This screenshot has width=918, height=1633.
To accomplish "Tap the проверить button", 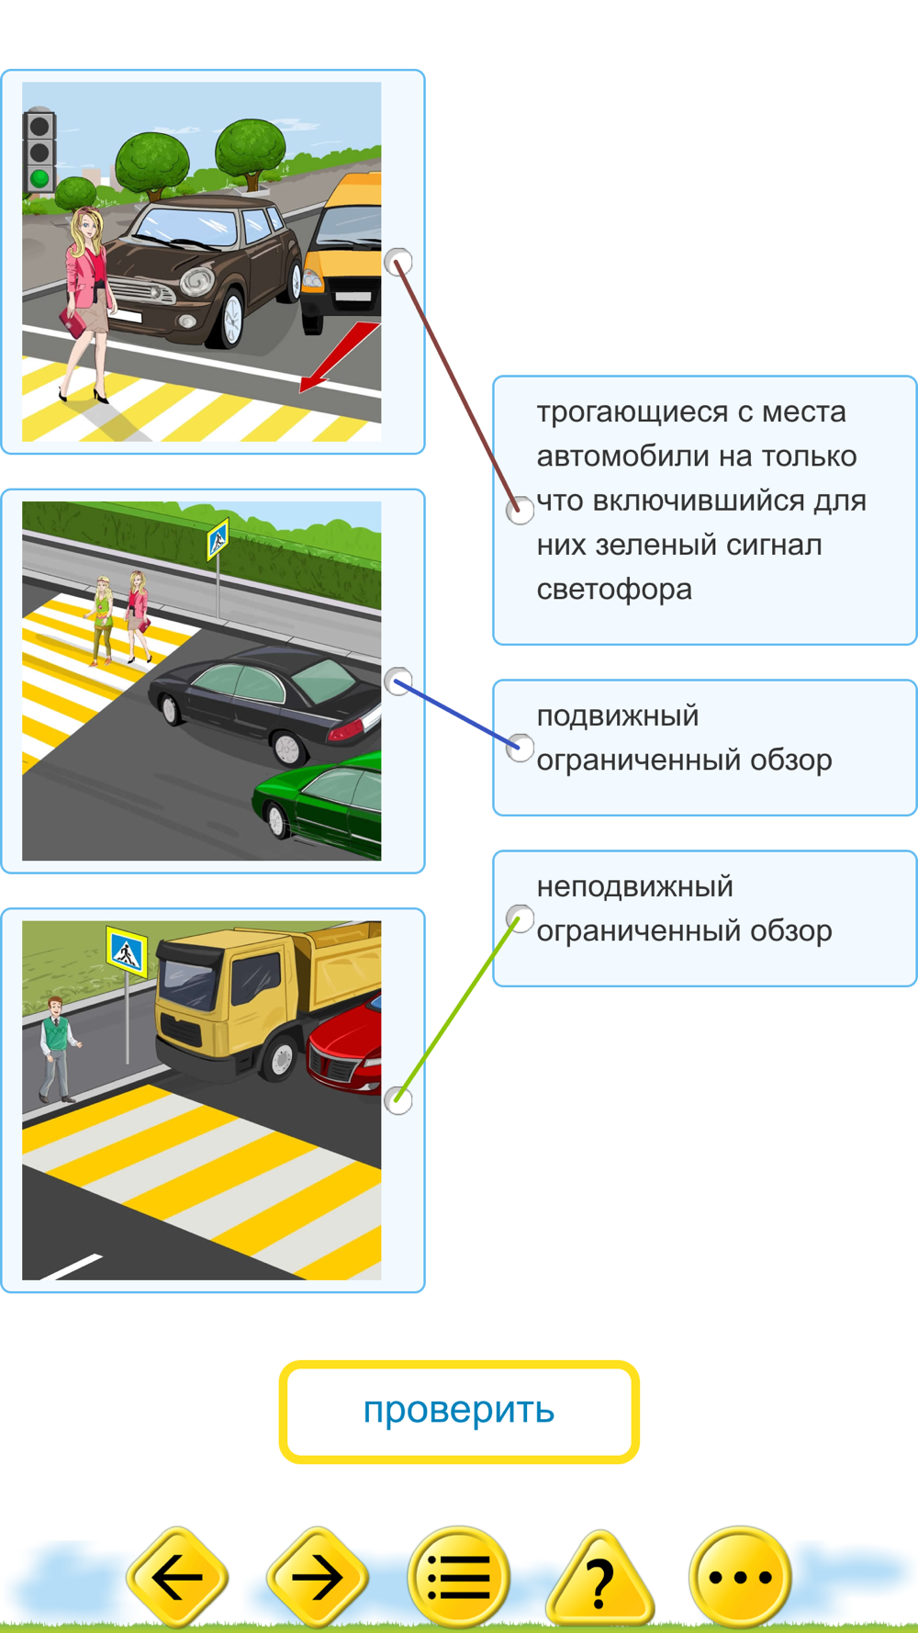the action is click(459, 1411).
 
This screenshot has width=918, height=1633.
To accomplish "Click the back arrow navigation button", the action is click(177, 1577).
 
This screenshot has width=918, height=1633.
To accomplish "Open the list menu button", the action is click(458, 1577).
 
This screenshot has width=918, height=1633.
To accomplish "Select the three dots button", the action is click(740, 1577).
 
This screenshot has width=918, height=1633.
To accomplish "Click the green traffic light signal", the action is click(39, 177).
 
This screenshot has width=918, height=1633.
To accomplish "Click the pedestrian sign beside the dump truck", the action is click(127, 952).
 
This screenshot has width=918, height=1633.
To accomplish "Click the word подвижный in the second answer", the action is click(618, 716).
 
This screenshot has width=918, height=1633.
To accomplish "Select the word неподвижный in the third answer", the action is click(635, 887).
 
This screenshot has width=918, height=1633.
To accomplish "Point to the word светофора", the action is click(614, 590).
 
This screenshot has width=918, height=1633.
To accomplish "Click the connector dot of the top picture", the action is click(397, 262).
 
